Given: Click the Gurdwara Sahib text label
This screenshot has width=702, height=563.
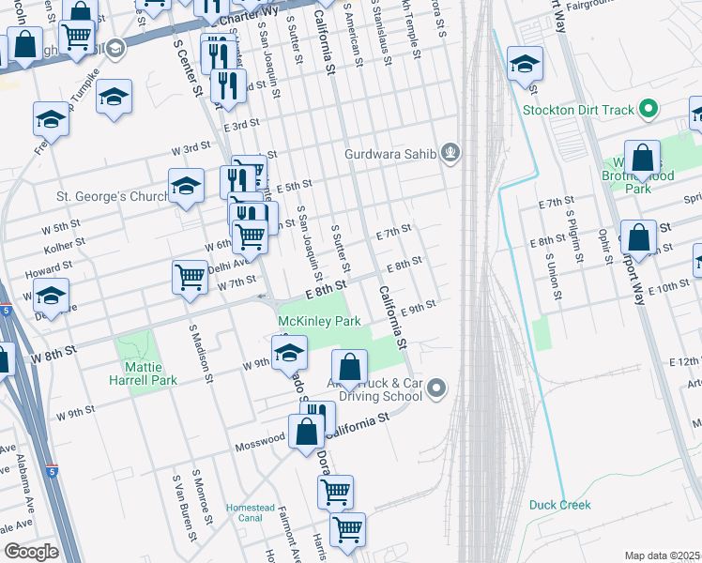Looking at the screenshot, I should pos(390,153).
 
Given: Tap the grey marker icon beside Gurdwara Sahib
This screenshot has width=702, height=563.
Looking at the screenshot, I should pos(451,152).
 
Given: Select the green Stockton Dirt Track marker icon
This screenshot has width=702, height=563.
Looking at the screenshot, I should pos(648,111).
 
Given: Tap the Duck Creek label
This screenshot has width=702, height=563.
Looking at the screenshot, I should pos(560,505).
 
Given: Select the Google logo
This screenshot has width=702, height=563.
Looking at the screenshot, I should pos(31,552).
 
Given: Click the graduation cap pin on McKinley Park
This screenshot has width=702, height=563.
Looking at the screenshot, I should pos(290,353).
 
